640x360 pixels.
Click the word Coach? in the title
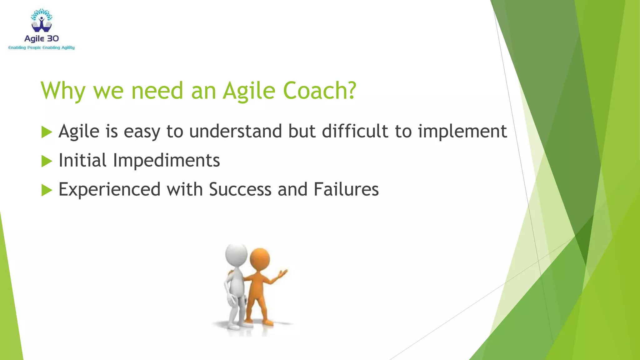click(x=319, y=91)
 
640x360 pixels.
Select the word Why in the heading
click(x=63, y=91)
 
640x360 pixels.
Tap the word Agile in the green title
click(x=249, y=91)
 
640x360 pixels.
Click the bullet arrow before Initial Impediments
click(x=47, y=161)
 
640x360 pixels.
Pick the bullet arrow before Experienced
click(x=47, y=190)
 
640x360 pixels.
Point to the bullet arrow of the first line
click(x=47, y=132)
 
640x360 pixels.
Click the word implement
click(x=462, y=132)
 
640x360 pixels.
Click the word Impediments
click(x=166, y=161)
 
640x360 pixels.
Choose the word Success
click(x=240, y=189)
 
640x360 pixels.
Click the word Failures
click(x=346, y=189)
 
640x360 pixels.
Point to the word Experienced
click(x=109, y=190)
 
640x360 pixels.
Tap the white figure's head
click(x=236, y=254)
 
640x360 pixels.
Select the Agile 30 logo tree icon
click(x=42, y=21)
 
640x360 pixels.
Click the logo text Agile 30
click(x=42, y=39)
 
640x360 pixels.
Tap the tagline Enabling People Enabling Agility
click(x=42, y=48)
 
